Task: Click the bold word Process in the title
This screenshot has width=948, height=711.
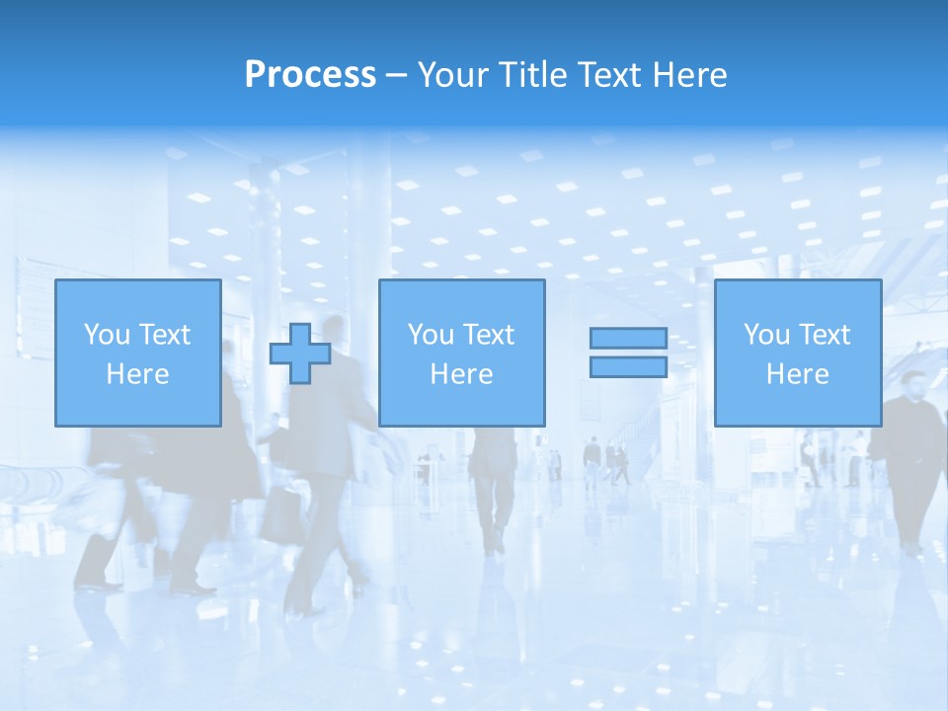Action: pyautogui.click(x=310, y=75)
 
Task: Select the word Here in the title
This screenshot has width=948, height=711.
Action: pyautogui.click(x=690, y=75)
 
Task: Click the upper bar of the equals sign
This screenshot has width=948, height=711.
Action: pyautogui.click(x=628, y=338)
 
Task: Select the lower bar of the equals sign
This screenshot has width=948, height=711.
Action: pyautogui.click(x=628, y=366)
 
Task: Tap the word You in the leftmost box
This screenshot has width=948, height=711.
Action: pyautogui.click(x=106, y=335)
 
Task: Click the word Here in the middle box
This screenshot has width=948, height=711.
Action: pyautogui.click(x=462, y=374)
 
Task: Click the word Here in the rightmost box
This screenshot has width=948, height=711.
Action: pyautogui.click(x=798, y=374)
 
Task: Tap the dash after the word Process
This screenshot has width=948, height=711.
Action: pyautogui.click(x=396, y=76)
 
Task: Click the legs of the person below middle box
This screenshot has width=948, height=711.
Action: pyautogui.click(x=491, y=504)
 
